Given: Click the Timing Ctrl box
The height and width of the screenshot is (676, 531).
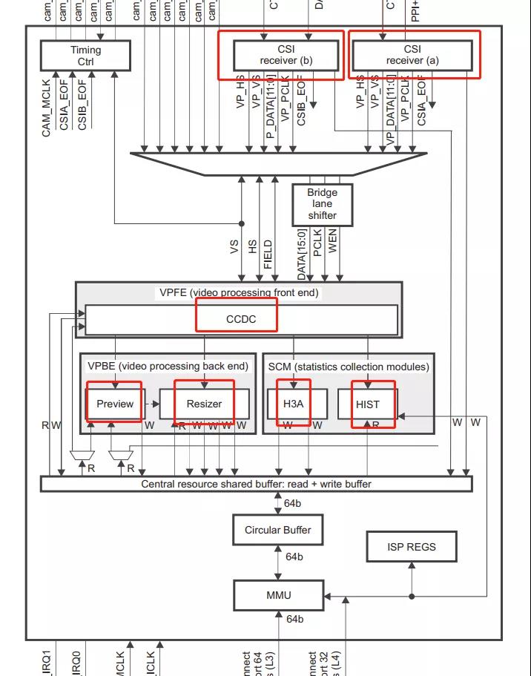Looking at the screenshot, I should [85, 56].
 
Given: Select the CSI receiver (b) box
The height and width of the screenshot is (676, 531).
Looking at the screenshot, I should [286, 55].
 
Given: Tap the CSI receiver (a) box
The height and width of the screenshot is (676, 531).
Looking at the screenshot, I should [412, 55].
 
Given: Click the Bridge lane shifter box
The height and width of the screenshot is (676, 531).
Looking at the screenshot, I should [322, 204].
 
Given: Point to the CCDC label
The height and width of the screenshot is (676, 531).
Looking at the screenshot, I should [241, 319].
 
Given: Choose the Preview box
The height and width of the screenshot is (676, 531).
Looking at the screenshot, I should [115, 404].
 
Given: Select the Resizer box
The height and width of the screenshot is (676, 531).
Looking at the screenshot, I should [204, 404].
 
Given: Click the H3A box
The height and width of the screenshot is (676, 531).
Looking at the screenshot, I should [293, 404].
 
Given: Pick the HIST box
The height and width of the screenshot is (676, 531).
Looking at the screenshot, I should [367, 404].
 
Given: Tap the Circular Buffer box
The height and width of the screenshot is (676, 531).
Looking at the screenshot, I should [278, 530].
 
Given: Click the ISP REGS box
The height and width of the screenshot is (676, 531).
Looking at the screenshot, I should [412, 547].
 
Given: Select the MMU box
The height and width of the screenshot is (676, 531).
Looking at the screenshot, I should [278, 595].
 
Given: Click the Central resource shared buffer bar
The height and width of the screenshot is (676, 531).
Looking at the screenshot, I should [256, 484].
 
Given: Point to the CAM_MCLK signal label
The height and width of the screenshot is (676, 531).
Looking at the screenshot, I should [47, 107].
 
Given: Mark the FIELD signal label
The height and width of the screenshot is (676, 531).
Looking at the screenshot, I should [268, 255].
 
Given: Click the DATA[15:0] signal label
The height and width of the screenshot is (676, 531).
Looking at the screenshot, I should [302, 256].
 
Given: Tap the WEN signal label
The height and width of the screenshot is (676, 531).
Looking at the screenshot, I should [333, 241].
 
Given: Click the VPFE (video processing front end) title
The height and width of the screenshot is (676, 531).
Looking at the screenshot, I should [239, 292].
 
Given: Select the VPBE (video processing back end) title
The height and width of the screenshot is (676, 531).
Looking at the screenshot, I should [168, 366].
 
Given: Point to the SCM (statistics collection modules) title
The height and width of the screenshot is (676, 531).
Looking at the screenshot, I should [349, 366].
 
